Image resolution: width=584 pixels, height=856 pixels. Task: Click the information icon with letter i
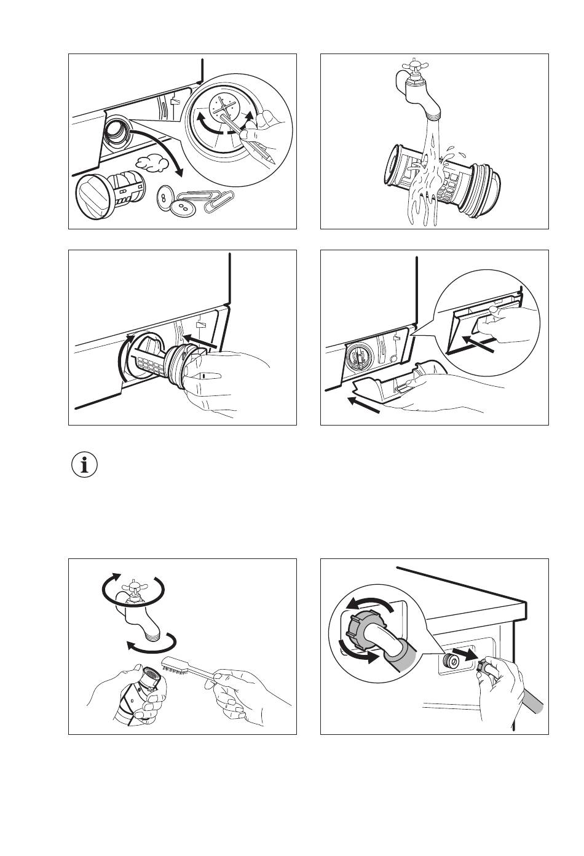[x=84, y=465]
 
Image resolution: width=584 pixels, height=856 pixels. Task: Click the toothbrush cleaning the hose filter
[x=184, y=668]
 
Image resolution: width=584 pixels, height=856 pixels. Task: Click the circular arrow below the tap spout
[x=151, y=644]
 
